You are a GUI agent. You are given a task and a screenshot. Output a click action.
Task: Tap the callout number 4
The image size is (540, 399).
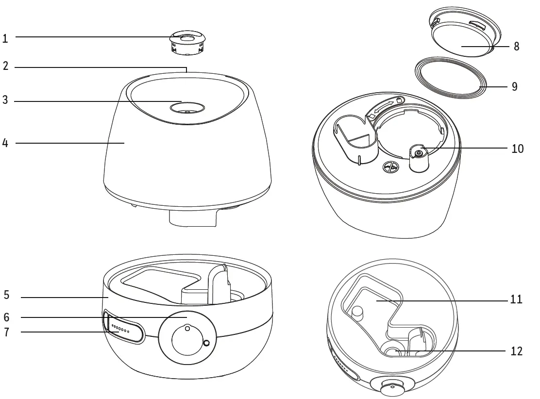(x=5, y=143)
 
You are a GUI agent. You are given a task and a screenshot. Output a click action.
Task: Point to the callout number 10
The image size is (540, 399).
(x=518, y=149)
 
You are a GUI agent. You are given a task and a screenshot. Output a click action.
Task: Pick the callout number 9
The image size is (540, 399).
(x=515, y=87)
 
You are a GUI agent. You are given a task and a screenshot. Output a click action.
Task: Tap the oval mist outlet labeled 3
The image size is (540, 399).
(x=187, y=106)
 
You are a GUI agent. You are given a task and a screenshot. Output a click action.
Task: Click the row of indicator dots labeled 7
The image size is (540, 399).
(x=120, y=329)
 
